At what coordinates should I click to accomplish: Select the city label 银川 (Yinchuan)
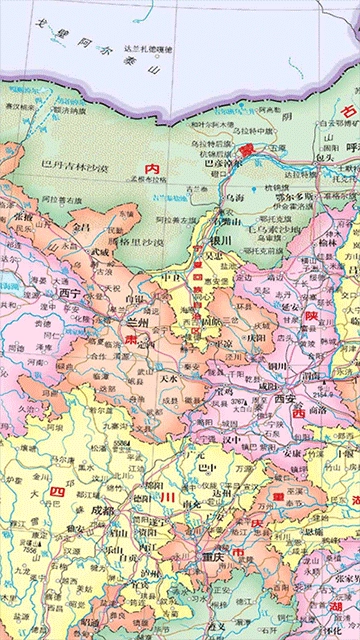220,242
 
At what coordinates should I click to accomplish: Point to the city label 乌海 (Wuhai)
233,200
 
